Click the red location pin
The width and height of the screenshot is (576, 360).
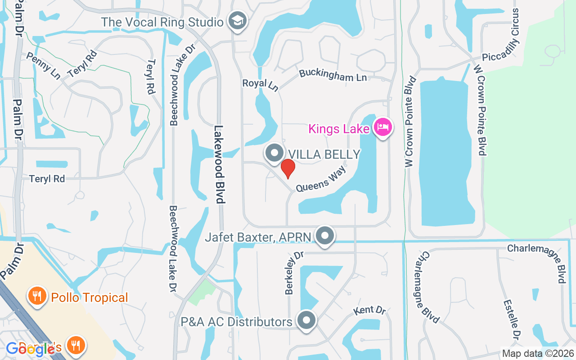click(x=288, y=169)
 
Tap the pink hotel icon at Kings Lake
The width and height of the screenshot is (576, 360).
click(x=382, y=127)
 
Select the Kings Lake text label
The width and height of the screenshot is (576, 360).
click(x=338, y=129)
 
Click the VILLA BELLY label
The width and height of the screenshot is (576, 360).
click(x=324, y=154)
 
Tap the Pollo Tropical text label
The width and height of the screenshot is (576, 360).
click(x=90, y=298)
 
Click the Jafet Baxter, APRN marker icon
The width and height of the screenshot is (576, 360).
click(x=325, y=235)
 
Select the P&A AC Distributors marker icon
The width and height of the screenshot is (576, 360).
click(x=307, y=320)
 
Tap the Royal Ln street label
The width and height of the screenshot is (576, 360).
click(x=261, y=84)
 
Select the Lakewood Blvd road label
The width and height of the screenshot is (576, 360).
click(x=219, y=164)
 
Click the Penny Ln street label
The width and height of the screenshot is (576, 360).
click(x=43, y=65)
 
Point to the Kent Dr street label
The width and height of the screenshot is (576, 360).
click(x=369, y=310)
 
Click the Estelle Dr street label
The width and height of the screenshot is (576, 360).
click(x=512, y=319)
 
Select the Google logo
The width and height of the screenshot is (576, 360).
click(x=33, y=349)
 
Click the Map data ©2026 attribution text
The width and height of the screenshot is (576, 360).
click(x=538, y=354)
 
